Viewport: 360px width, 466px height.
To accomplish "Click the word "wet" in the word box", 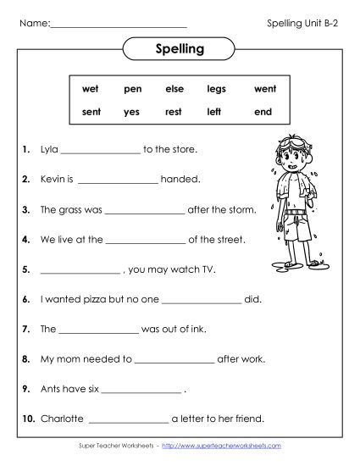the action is pyautogui.click(x=90, y=88).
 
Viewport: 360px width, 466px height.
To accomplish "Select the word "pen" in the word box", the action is pyautogui.click(x=132, y=88).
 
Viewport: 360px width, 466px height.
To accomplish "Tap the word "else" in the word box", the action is pyautogui.click(x=174, y=88).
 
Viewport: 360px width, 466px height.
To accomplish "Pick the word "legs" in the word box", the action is pyautogui.click(x=216, y=88).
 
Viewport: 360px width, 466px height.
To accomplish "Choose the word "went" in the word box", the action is pyautogui.click(x=264, y=88).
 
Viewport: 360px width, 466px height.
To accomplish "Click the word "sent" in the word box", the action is pyautogui.click(x=91, y=111).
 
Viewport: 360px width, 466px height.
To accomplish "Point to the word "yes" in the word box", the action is pyautogui.click(x=131, y=111).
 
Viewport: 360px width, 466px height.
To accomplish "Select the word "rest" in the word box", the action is pyautogui.click(x=174, y=111).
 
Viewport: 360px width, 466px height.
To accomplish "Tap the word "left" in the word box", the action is pyautogui.click(x=215, y=111).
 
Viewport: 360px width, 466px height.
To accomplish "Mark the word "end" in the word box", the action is pyautogui.click(x=263, y=111).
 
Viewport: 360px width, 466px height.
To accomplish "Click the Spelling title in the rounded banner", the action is pyautogui.click(x=180, y=49).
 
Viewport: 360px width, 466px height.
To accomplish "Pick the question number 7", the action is pyautogui.click(x=26, y=329).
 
